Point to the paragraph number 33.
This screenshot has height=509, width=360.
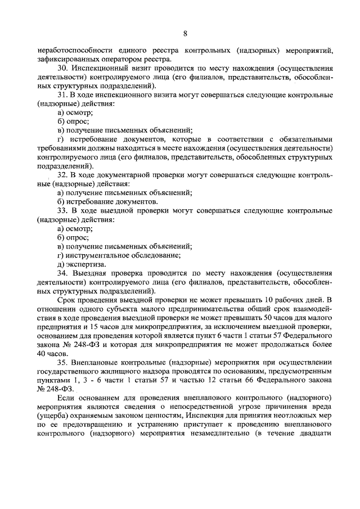(x=63, y=211)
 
